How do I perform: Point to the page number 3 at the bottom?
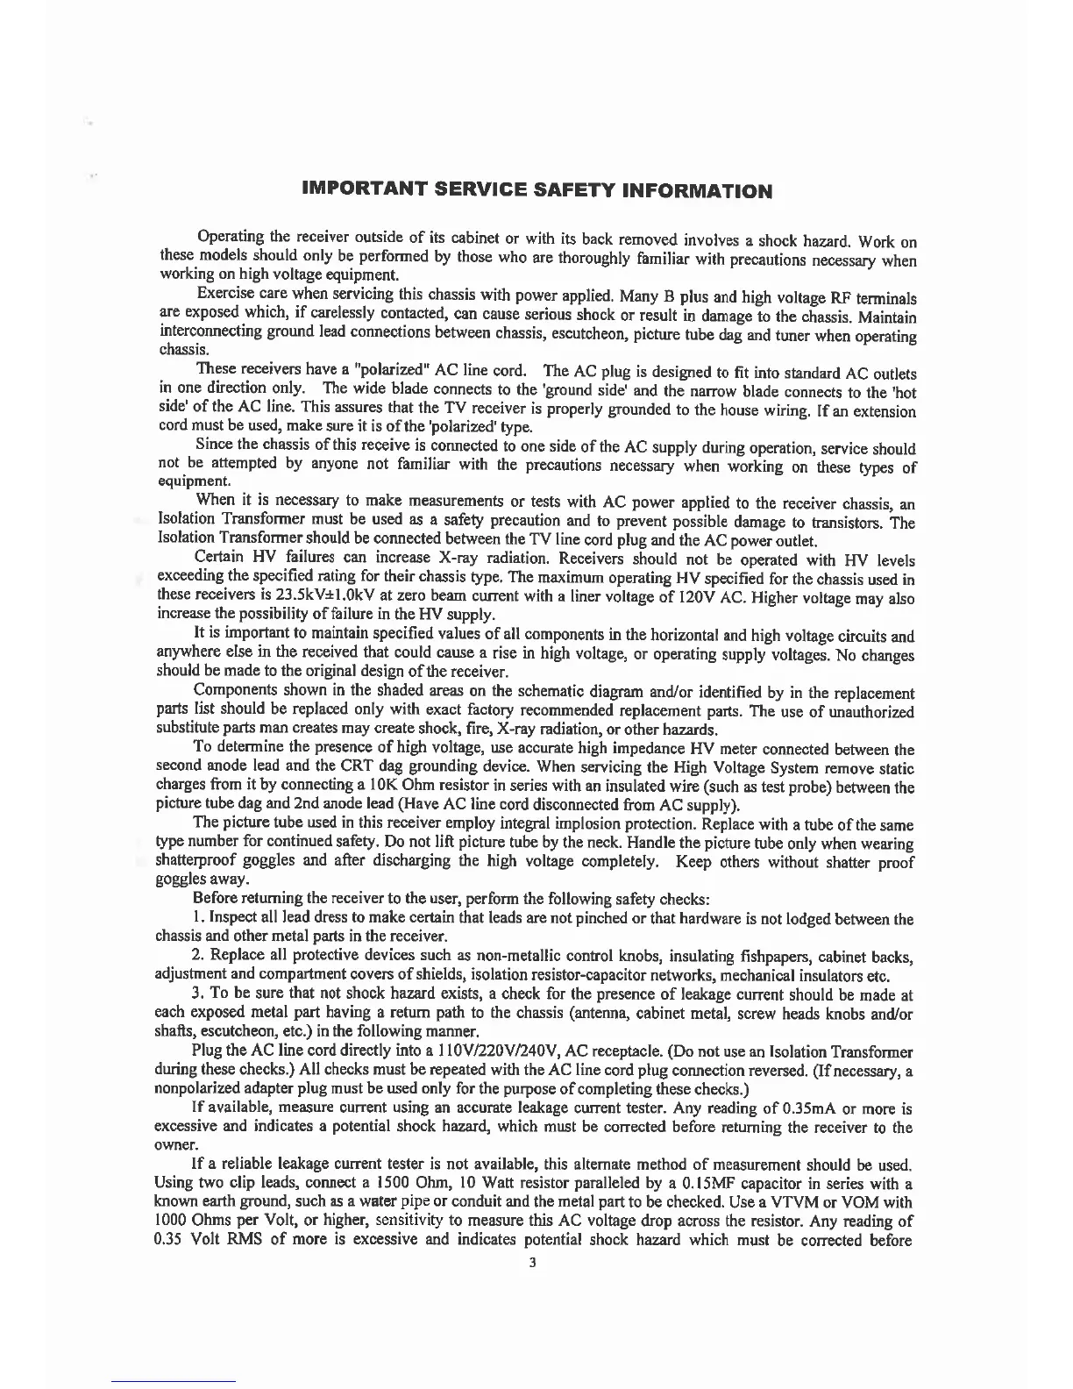tap(531, 1263)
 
